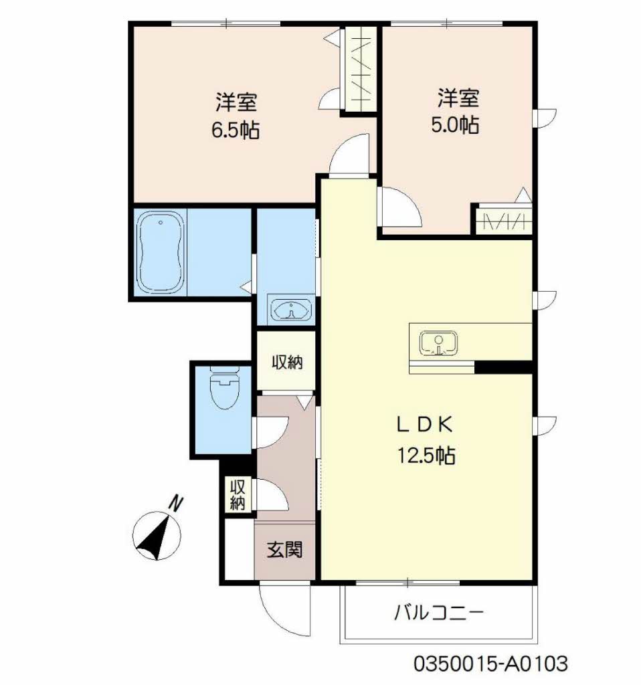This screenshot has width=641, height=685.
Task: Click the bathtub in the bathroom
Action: pos(160,252)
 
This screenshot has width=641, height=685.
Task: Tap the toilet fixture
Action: pos(225,387)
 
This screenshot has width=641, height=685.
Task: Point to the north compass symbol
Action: pos(157,535)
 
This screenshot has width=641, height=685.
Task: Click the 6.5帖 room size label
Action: pos(236,130)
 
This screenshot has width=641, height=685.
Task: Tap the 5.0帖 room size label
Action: pos(455,125)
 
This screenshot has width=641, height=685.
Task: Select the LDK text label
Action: pos(424,425)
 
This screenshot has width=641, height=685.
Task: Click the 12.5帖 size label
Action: pos(426,455)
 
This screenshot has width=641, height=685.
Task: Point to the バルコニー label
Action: pos(439,613)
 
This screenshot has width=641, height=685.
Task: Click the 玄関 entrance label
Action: pos(285,549)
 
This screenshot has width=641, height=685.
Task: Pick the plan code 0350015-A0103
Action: pos(490,663)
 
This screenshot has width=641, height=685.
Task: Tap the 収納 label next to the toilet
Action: pos(287,362)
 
